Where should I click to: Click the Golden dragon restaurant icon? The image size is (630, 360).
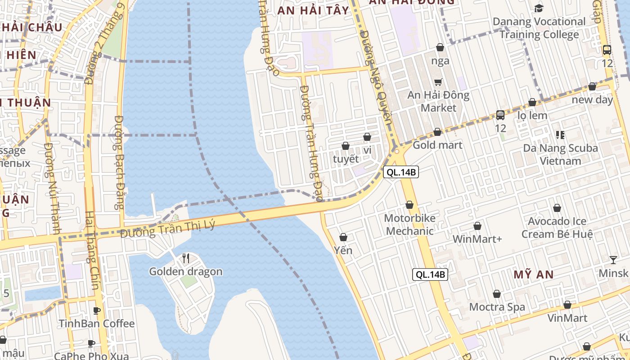pos(186,258)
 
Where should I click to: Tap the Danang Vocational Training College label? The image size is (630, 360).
pos(539,28)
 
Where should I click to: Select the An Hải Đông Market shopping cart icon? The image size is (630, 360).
pos(438,82)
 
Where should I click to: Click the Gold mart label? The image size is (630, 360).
pos(437,145)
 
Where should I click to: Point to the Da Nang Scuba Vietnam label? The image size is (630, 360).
pos(560,154)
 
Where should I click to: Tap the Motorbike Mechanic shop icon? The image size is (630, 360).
pos(409,205)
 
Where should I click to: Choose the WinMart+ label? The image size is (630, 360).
pos(477,239)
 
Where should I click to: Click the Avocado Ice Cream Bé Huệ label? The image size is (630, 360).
pos(557,228)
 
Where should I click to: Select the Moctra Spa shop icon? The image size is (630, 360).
pos(497,294)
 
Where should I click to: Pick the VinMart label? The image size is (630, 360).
pos(567,318)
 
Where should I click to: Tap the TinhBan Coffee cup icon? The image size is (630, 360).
pos(96,310)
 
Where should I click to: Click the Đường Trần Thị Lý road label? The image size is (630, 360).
pos(168,229)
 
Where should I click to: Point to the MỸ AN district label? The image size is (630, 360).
pos(534,274)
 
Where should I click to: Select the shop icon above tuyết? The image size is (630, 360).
pos(346,146)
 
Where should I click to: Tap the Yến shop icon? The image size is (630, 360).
pos(343,237)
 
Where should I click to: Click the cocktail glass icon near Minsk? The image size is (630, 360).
pos(613,260)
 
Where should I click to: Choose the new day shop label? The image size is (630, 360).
pos(592,100)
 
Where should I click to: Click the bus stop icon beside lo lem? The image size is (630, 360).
pos(500,115)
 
